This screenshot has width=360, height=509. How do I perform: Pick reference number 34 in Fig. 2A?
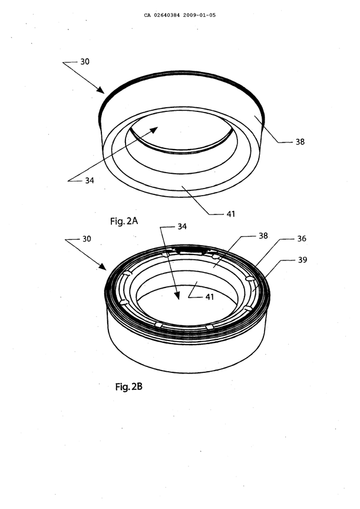pos(88,181)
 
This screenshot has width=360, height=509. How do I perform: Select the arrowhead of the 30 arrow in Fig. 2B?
pos(106,269)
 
